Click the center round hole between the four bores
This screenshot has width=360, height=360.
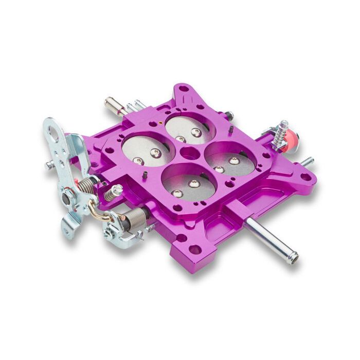[x=189, y=153]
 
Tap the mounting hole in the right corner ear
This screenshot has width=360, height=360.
[x=305, y=177]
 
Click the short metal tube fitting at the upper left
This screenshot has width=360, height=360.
[x=114, y=106]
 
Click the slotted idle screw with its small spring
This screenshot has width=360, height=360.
[x=113, y=192]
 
